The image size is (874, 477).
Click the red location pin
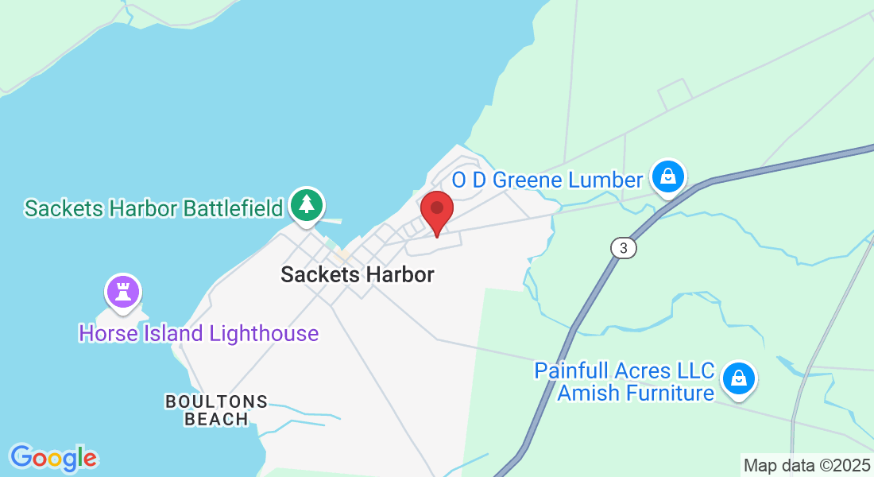click(x=436, y=210)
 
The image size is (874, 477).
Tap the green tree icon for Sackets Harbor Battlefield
click(x=306, y=205)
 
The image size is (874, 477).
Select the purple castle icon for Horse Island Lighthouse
click(x=122, y=291)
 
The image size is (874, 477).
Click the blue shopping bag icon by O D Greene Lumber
click(x=668, y=177)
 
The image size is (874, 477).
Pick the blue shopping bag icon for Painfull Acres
click(x=739, y=378)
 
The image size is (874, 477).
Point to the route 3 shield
click(x=624, y=248)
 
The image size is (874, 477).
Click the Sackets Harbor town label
click(x=358, y=275)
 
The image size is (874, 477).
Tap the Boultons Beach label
click(x=216, y=410)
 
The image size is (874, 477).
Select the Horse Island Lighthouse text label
click(x=199, y=333)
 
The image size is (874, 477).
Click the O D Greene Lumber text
click(x=547, y=180)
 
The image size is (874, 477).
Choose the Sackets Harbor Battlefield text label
click(x=154, y=208)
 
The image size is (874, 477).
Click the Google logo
click(x=53, y=458)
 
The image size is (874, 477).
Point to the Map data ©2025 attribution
click(x=806, y=465)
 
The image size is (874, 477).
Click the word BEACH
click(x=216, y=419)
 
